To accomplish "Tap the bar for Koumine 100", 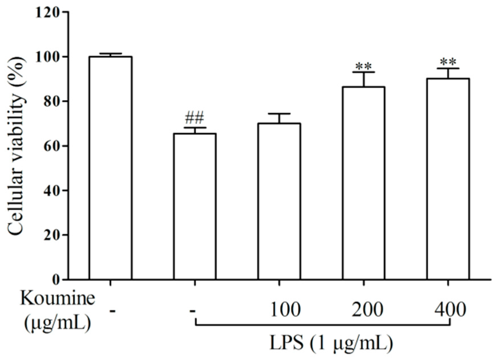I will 279,201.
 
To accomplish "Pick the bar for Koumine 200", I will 364,183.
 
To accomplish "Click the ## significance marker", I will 195,118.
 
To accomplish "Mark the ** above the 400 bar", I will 448,62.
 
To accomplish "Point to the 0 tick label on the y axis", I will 56,280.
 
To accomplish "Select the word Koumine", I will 57,298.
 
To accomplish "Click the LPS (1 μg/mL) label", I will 331,343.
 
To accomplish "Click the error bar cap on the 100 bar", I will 279,114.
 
